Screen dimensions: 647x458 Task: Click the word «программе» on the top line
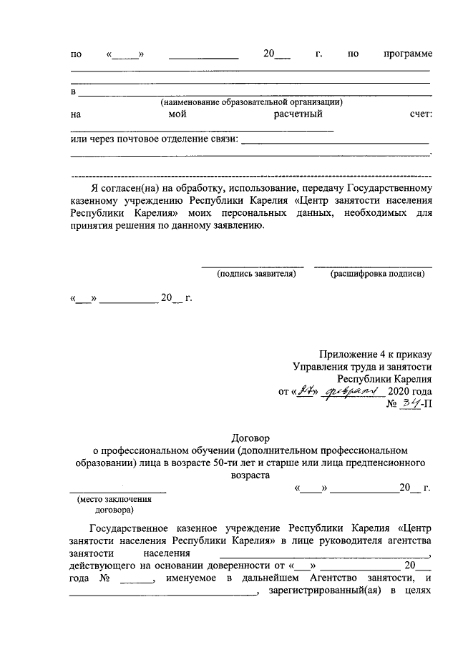pos(408,54)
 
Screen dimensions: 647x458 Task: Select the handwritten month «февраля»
pos(355,392)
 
